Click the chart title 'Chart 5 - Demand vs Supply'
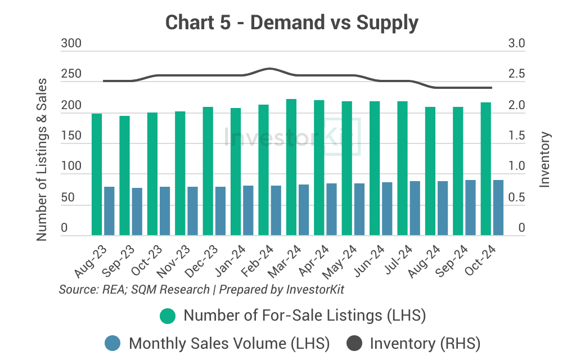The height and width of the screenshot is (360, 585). tap(292, 23)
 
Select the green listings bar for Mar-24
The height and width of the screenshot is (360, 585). tap(291, 167)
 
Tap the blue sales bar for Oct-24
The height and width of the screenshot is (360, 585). tap(498, 208)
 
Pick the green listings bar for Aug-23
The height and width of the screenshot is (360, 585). tap(97, 174)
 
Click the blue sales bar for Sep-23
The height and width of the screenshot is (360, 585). tap(137, 211)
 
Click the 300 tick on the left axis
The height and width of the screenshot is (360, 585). tap(71, 43)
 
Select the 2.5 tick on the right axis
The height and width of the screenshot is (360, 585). tap(516, 74)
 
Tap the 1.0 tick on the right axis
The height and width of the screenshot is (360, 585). tap(516, 167)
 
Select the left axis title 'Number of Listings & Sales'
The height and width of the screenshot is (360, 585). tap(42, 160)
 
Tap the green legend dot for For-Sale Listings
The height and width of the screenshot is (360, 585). tap(167, 316)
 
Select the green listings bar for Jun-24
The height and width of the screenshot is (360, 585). tap(375, 168)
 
